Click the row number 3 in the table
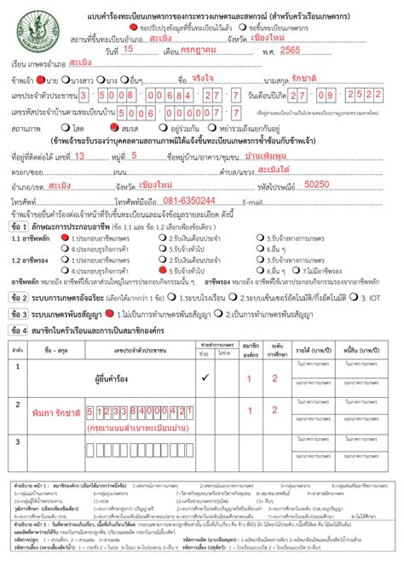(16, 441)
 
